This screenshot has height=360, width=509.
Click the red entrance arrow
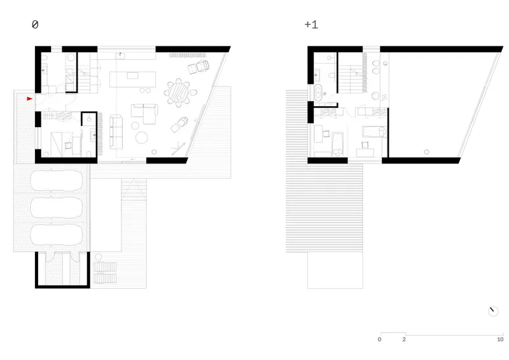point(29,99)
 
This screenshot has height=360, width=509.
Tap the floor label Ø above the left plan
point(35,24)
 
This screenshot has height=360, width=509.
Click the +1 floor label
point(311,25)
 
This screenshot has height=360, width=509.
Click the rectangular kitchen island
point(132,80)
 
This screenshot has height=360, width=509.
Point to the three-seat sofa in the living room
point(116,132)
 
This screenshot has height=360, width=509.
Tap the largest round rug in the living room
point(141,137)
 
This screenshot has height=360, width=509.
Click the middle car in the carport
point(56,207)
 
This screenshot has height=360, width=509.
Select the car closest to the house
point(56,180)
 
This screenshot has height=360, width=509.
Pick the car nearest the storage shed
point(56,235)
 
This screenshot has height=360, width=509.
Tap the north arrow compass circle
point(493,311)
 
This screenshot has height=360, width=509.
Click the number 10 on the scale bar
point(500,340)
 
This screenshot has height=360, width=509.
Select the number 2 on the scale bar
point(404,340)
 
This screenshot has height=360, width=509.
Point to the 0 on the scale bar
point(379,340)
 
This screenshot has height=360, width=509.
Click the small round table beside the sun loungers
point(99,257)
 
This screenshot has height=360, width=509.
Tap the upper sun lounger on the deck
point(105,267)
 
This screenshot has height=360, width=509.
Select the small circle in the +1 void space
point(426,151)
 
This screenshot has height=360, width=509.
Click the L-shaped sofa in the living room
point(145,113)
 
